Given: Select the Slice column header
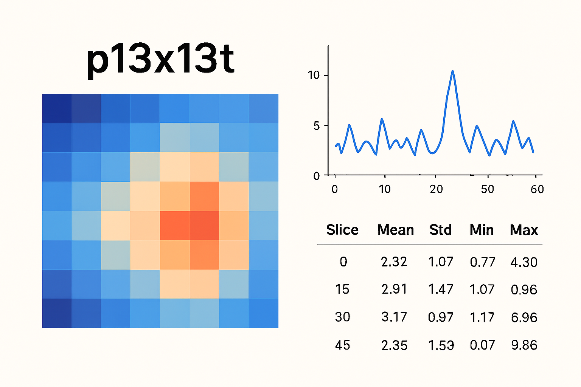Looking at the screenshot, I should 342,230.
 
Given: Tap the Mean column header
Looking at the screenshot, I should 395,230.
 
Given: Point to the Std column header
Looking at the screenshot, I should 440,230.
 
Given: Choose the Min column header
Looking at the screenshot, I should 482,230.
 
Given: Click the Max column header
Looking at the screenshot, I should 524,230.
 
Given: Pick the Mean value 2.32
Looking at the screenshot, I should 394,262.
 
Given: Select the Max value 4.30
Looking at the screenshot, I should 524,262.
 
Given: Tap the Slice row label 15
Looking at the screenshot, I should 342,289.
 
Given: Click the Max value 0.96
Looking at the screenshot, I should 524,289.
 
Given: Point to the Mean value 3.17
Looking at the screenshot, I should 394,317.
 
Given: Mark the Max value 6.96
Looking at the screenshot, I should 524,317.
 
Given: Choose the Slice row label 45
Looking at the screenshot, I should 342,345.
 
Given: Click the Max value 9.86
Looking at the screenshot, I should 524,345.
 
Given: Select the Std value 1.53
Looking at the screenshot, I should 441,345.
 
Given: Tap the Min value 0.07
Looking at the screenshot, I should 482,345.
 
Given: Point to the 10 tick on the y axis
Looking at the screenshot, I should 314,75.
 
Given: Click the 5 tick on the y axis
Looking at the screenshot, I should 316,126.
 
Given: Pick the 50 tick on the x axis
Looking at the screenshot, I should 488,189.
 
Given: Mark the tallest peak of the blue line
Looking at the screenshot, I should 452,71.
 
